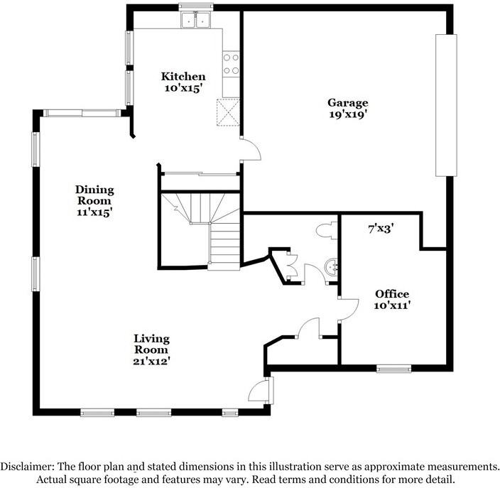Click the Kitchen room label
click(183, 77)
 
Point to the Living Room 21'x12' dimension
click(152, 361)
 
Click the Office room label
click(392, 294)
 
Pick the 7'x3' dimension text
click(381, 229)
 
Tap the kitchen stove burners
click(232, 64)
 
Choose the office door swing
click(347, 307)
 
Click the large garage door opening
click(445, 104)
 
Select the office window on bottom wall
click(393, 368)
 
